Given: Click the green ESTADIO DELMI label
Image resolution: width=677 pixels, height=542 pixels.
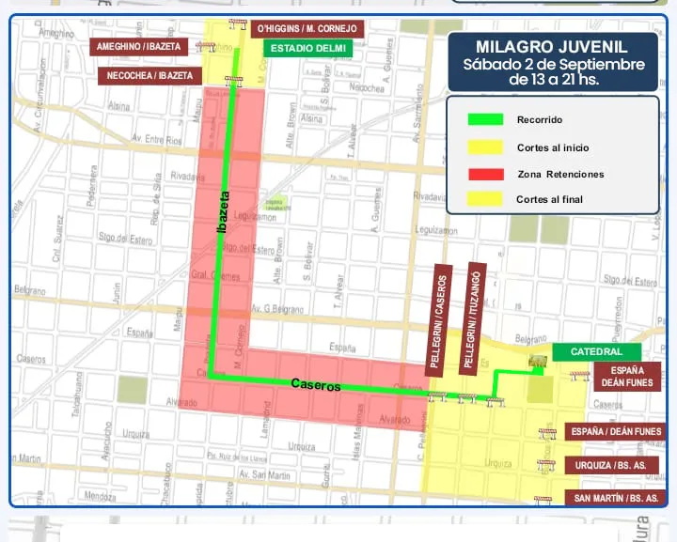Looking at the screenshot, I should tap(307, 48).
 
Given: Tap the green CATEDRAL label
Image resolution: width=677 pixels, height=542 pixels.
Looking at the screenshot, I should tap(596, 352).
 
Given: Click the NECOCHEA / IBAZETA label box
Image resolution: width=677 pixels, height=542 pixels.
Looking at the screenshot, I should tap(150, 75).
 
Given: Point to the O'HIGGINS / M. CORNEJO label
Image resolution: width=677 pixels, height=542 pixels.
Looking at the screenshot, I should tap(307, 28).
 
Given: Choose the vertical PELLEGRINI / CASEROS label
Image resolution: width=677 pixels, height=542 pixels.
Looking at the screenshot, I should tap(439, 317).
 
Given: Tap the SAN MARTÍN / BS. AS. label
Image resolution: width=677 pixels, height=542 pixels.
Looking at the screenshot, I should tap(616, 497).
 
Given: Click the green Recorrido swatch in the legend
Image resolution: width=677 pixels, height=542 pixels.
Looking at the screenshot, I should tap(485, 119).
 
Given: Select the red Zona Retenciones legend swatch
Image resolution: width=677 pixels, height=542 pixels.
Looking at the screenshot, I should tap(485, 174).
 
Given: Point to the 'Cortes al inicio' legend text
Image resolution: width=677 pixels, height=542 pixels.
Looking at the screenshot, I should tap(553, 147).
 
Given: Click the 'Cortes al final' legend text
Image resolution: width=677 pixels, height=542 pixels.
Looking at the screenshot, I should tap(549, 199).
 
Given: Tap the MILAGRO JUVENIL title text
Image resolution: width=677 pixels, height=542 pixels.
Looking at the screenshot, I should tap(553, 48).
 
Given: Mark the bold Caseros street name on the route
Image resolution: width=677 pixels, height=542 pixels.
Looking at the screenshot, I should tap(315, 384).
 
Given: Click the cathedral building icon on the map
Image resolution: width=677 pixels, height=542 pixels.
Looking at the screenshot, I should tap(539, 362).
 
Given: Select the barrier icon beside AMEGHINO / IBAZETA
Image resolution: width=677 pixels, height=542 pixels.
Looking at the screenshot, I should tap(205, 46).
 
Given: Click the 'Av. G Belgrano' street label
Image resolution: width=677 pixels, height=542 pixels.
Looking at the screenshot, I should tap(276, 309).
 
